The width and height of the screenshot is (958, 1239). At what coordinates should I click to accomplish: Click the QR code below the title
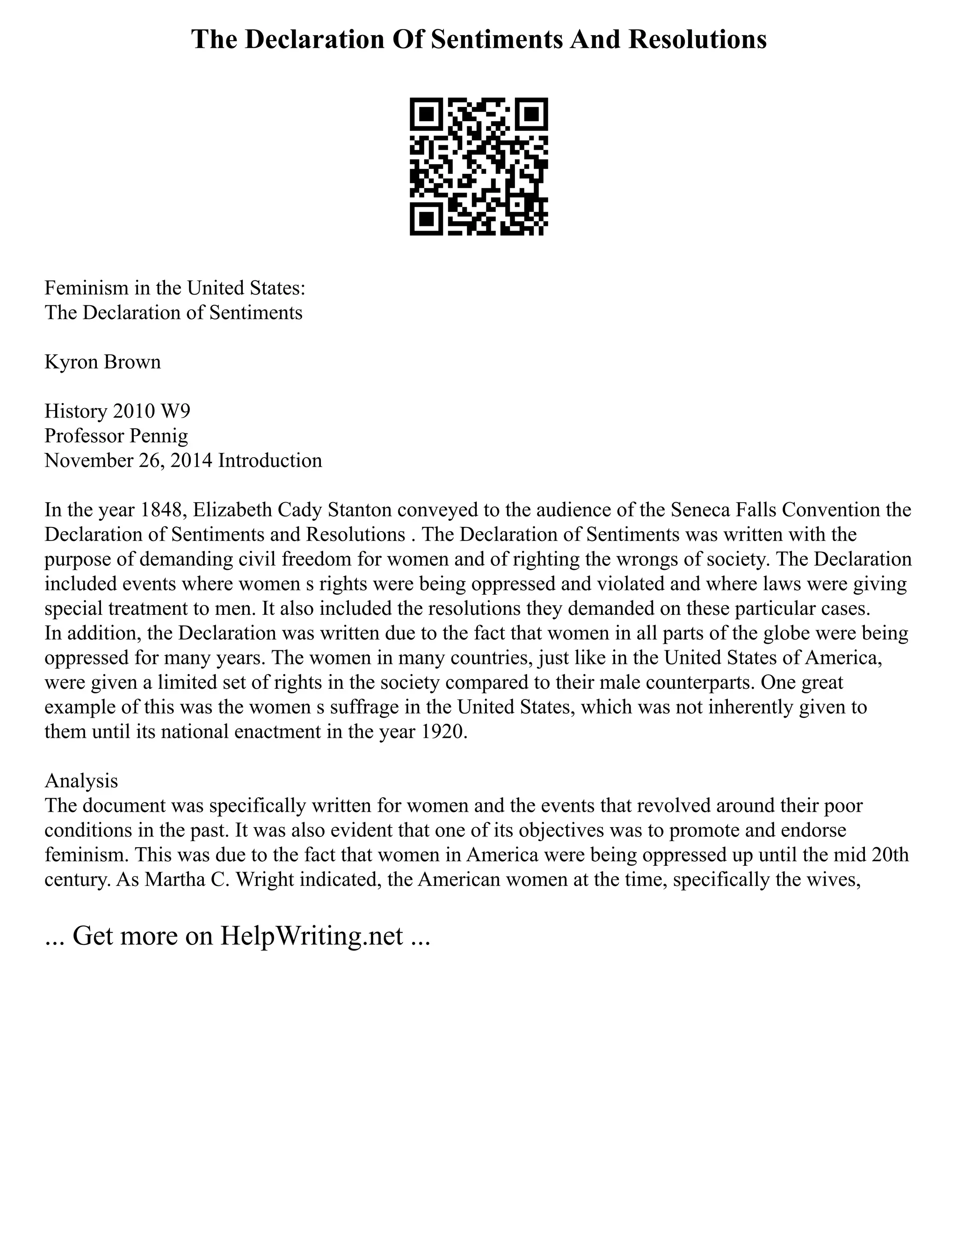479,166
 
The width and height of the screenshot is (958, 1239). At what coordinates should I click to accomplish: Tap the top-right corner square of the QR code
531,115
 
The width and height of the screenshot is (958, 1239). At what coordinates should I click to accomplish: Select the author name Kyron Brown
103,362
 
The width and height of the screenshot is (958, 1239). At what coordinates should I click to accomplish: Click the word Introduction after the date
270,460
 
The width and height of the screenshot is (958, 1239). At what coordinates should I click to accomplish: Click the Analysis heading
81,781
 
